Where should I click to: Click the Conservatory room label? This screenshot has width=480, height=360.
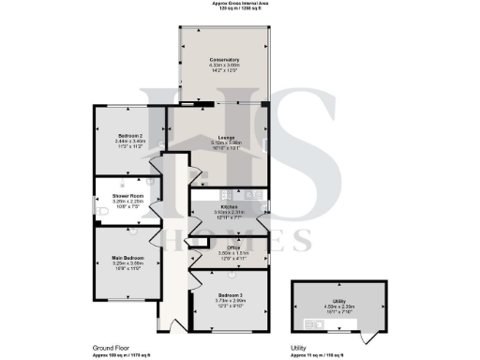click(x=224, y=59)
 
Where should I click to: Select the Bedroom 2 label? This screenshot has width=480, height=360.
click(x=129, y=136)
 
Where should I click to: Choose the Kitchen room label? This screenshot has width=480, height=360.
click(x=229, y=206)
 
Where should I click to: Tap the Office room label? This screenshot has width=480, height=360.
click(x=229, y=247)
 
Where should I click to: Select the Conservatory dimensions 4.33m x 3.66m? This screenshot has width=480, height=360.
click(x=224, y=65)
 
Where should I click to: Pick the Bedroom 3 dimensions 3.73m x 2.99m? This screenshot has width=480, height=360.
click(x=229, y=300)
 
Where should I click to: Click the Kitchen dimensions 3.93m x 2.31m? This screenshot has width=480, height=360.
click(x=229, y=212)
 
